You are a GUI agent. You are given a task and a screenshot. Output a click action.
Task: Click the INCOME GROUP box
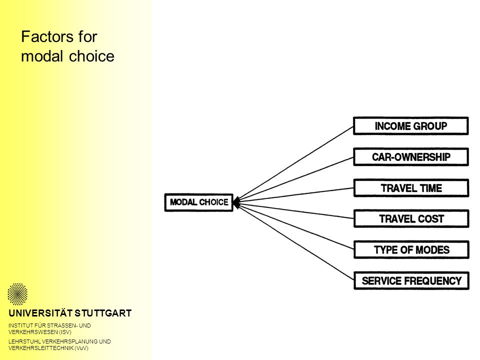(x=411, y=126)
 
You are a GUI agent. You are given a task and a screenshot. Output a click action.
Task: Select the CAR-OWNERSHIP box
(x=411, y=156)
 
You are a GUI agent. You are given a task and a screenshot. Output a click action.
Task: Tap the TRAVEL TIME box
(x=411, y=188)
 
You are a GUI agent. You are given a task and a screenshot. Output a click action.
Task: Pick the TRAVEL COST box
(x=411, y=218)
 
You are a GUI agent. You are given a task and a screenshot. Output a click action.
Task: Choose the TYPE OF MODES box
(x=411, y=250)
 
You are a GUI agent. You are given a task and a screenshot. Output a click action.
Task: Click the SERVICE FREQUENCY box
(x=411, y=280)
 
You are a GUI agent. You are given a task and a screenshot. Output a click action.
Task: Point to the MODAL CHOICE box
(x=199, y=202)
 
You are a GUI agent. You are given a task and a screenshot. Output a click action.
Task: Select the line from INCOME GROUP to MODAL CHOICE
(x=294, y=164)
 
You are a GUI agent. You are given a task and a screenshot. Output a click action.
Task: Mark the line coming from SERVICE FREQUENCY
(x=294, y=241)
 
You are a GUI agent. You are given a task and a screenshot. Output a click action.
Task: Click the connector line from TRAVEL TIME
(x=294, y=195)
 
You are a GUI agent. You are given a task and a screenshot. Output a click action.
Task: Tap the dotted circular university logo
(x=17, y=294)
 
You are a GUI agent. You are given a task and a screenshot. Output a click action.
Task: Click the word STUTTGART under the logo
(x=103, y=313)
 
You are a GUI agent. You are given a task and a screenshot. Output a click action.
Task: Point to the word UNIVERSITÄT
(x=40, y=313)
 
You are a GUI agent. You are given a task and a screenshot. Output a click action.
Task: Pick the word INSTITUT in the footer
(x=19, y=325)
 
